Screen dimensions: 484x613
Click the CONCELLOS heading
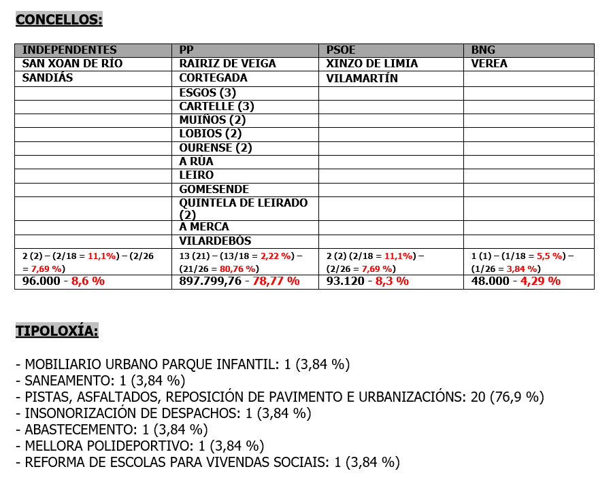[59, 19]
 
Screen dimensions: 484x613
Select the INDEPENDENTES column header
[69, 50]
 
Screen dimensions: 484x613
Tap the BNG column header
[483, 50]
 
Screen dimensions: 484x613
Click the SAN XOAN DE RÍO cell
[73, 64]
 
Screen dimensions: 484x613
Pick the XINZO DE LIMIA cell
[371, 64]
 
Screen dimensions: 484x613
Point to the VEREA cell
[489, 64]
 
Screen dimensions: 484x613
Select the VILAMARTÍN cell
[362, 78]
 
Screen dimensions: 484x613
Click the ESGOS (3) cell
[208, 92]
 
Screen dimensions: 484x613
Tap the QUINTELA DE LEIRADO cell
[243, 203]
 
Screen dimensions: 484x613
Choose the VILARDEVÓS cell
[215, 241]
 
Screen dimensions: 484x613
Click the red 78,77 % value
[275, 281]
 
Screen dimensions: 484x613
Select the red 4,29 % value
[540, 281]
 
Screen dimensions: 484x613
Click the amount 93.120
[345, 281]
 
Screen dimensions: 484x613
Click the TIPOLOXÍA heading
[57, 331]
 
